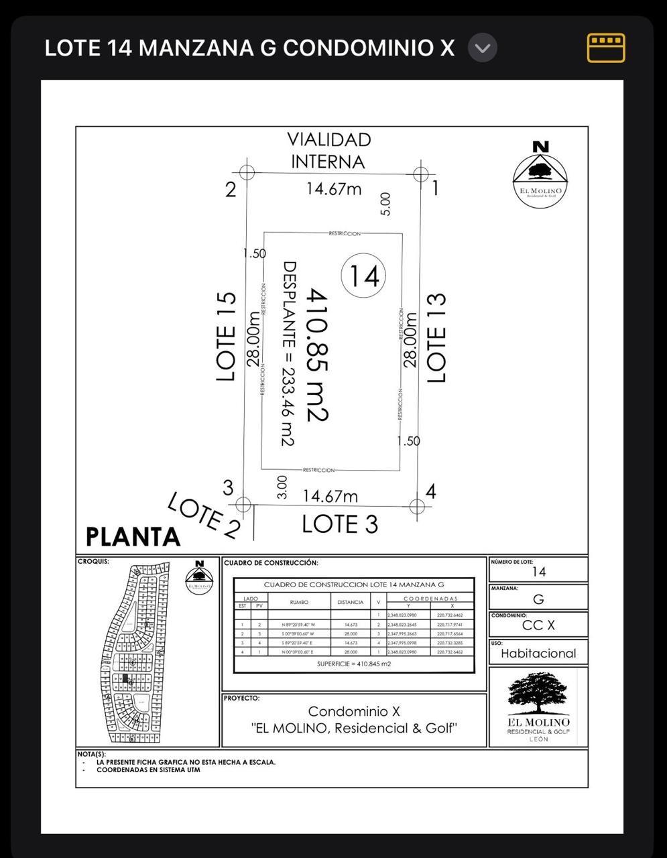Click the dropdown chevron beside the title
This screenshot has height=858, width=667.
tap(482, 48)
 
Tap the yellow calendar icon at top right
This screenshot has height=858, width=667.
tap(606, 48)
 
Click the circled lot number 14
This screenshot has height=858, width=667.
tap(363, 275)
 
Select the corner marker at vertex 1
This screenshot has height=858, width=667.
tap(420, 174)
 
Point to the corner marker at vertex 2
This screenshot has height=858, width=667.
tap(247, 172)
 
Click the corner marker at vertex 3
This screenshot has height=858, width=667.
tap(243, 504)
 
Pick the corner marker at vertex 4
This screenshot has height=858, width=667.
tap(417, 506)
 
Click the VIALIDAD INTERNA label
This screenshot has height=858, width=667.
tap(328, 150)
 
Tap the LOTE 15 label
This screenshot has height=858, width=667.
tap(227, 336)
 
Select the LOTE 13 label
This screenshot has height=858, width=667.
tap(436, 337)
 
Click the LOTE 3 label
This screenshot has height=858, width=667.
tap(340, 524)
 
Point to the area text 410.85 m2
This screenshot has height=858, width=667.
tap(317, 355)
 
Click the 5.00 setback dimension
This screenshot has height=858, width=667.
tap(385, 204)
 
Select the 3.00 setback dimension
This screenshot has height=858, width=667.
tap(282, 487)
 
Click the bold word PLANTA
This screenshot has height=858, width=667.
tap(133, 537)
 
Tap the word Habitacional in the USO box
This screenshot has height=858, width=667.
tap(538, 654)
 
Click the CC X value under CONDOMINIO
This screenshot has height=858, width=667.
tap(538, 625)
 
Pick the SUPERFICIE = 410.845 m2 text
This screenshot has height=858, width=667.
tap(353, 664)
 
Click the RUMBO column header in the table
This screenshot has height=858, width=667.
tap(299, 602)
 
